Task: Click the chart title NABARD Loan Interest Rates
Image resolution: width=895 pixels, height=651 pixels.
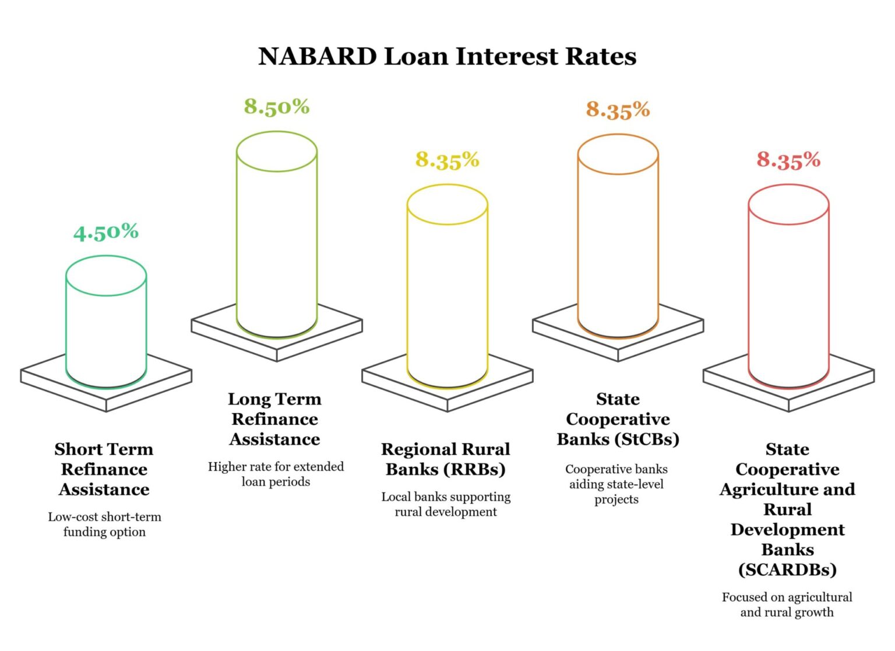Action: tap(447, 57)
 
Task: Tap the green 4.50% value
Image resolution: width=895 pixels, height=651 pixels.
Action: tap(106, 232)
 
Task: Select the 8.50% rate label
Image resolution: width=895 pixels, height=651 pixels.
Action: tap(277, 107)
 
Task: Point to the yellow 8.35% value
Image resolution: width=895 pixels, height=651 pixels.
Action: tap(447, 160)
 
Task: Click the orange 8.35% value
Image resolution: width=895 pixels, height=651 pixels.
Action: tap(618, 110)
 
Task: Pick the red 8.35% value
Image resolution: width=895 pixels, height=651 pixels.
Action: tap(788, 160)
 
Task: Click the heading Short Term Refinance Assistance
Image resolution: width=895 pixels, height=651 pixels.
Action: tap(104, 469)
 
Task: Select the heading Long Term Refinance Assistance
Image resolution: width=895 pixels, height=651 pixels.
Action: tap(275, 419)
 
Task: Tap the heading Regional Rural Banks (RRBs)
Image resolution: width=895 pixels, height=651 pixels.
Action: tap(446, 459)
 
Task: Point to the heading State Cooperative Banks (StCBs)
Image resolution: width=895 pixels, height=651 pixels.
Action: tap(618, 419)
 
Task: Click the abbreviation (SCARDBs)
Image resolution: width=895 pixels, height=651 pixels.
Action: tap(787, 569)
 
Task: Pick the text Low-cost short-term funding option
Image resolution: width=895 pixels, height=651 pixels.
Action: tap(105, 524)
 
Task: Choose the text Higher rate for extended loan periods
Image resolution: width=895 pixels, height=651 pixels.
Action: tap(276, 474)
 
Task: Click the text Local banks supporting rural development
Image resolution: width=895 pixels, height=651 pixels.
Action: tap(446, 504)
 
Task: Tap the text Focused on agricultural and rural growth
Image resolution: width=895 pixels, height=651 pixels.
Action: tap(787, 604)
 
